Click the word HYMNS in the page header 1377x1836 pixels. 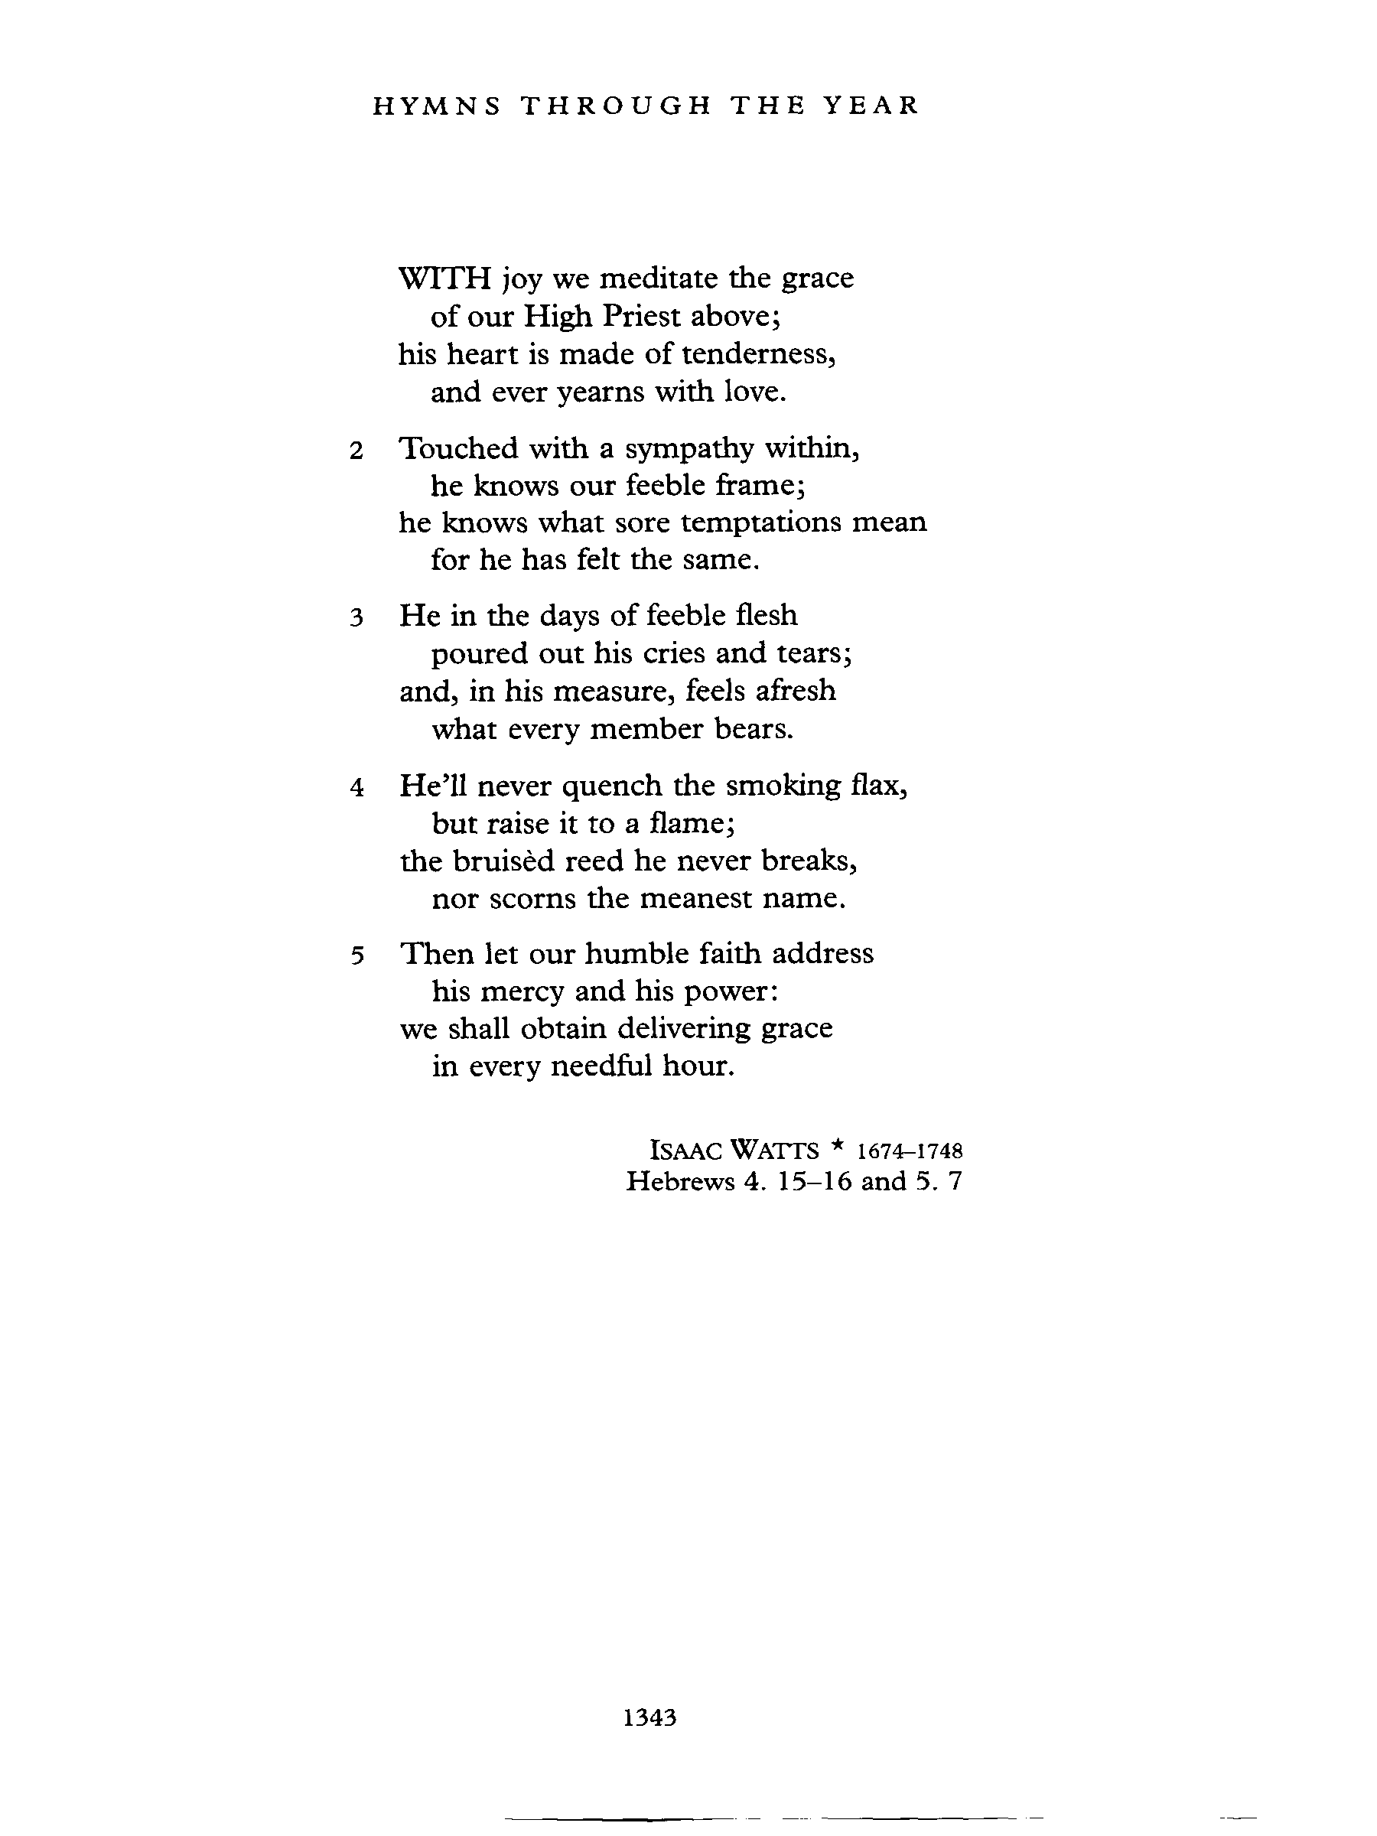[x=436, y=106]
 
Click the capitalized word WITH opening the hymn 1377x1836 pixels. [x=446, y=277]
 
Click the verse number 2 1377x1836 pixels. [x=357, y=451]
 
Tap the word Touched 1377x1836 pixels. [x=458, y=448]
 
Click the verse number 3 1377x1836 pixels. [x=357, y=618]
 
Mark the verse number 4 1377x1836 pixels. [x=357, y=788]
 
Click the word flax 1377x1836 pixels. [x=879, y=785]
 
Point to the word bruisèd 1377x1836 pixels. [x=503, y=861]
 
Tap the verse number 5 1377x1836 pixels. [x=357, y=956]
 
